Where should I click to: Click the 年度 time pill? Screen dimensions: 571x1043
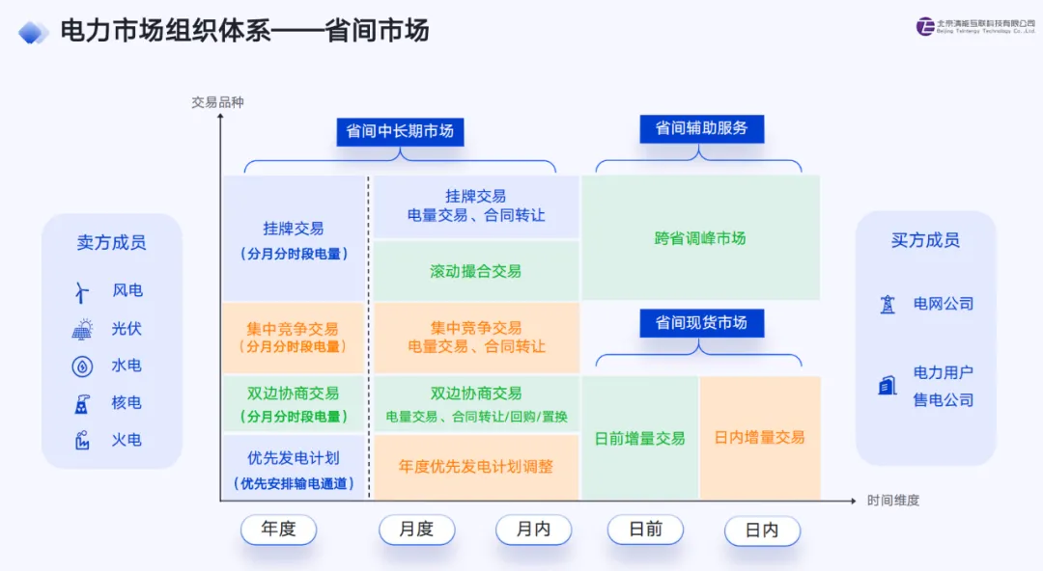(x=278, y=530)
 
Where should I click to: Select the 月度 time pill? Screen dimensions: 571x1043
(x=416, y=530)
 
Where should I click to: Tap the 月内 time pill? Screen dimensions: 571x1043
(x=533, y=530)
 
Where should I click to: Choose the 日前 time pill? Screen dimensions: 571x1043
(x=645, y=530)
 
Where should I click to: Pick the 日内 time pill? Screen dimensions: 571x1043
(x=762, y=530)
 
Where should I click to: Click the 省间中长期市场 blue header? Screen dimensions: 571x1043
(x=400, y=131)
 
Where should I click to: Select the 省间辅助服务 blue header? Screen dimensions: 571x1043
(x=701, y=128)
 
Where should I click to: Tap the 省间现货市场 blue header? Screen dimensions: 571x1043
(x=701, y=323)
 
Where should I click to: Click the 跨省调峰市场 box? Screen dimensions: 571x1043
(x=700, y=238)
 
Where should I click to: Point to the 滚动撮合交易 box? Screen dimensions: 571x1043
(x=476, y=271)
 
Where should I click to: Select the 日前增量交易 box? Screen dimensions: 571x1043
(x=639, y=438)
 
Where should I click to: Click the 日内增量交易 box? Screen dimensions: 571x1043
(x=759, y=437)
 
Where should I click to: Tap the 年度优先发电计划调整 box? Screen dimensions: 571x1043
(x=476, y=467)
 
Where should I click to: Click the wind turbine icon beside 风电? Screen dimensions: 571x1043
(x=82, y=291)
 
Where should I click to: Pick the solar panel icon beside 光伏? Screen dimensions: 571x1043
(x=82, y=329)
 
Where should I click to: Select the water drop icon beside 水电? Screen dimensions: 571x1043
(x=82, y=367)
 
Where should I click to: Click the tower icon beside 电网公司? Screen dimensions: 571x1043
(x=888, y=305)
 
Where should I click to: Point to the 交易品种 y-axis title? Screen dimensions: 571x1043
(x=217, y=102)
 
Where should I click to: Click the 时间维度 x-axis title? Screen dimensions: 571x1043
(x=892, y=501)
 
